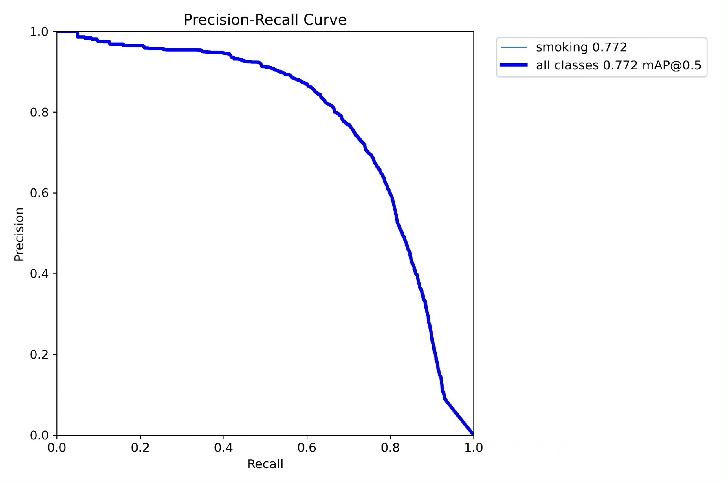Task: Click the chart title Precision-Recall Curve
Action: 265,20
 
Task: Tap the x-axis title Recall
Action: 265,464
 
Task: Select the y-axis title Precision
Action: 19,234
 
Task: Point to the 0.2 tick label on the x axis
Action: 140,448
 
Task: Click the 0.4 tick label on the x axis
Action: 223,448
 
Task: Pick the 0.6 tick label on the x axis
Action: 307,448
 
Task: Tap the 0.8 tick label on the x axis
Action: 390,448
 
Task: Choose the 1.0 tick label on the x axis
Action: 473,448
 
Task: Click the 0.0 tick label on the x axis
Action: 57,448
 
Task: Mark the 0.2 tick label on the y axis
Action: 39,355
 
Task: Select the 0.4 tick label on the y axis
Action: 39,274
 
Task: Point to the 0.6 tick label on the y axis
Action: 39,193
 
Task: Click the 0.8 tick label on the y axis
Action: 39,112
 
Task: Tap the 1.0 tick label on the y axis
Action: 39,32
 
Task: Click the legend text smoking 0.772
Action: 581,47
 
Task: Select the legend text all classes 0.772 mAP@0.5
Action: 619,65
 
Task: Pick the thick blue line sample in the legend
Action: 513,65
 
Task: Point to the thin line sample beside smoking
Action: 513,47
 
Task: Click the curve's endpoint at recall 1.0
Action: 473,434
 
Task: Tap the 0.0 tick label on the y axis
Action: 39,435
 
